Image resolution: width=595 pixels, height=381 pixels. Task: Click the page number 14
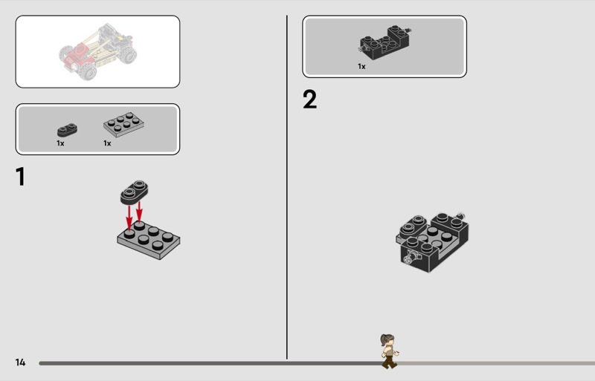point(20,362)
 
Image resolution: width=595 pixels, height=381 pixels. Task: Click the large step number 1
point(21,177)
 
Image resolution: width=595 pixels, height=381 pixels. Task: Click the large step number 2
point(309,100)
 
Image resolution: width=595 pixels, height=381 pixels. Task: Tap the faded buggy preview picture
point(97,51)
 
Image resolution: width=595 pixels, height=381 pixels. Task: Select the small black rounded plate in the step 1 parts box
point(67,130)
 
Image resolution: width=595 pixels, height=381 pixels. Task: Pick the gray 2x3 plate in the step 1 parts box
point(123,124)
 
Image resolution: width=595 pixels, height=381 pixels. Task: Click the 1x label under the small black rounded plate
point(60,143)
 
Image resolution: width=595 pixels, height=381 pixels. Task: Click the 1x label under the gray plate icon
point(107,143)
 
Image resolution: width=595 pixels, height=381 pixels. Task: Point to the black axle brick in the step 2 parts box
point(385,42)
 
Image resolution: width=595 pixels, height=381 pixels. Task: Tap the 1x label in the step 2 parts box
point(361,66)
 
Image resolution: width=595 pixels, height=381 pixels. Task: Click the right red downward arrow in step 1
point(139,212)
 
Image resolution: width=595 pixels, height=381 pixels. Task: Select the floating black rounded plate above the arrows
point(135,192)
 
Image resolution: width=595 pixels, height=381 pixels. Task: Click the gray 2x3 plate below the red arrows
point(148,240)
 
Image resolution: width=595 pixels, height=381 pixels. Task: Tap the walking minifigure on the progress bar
point(389,351)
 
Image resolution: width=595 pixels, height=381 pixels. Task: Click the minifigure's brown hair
point(387,339)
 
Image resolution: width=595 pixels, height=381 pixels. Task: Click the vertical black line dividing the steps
point(287,187)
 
